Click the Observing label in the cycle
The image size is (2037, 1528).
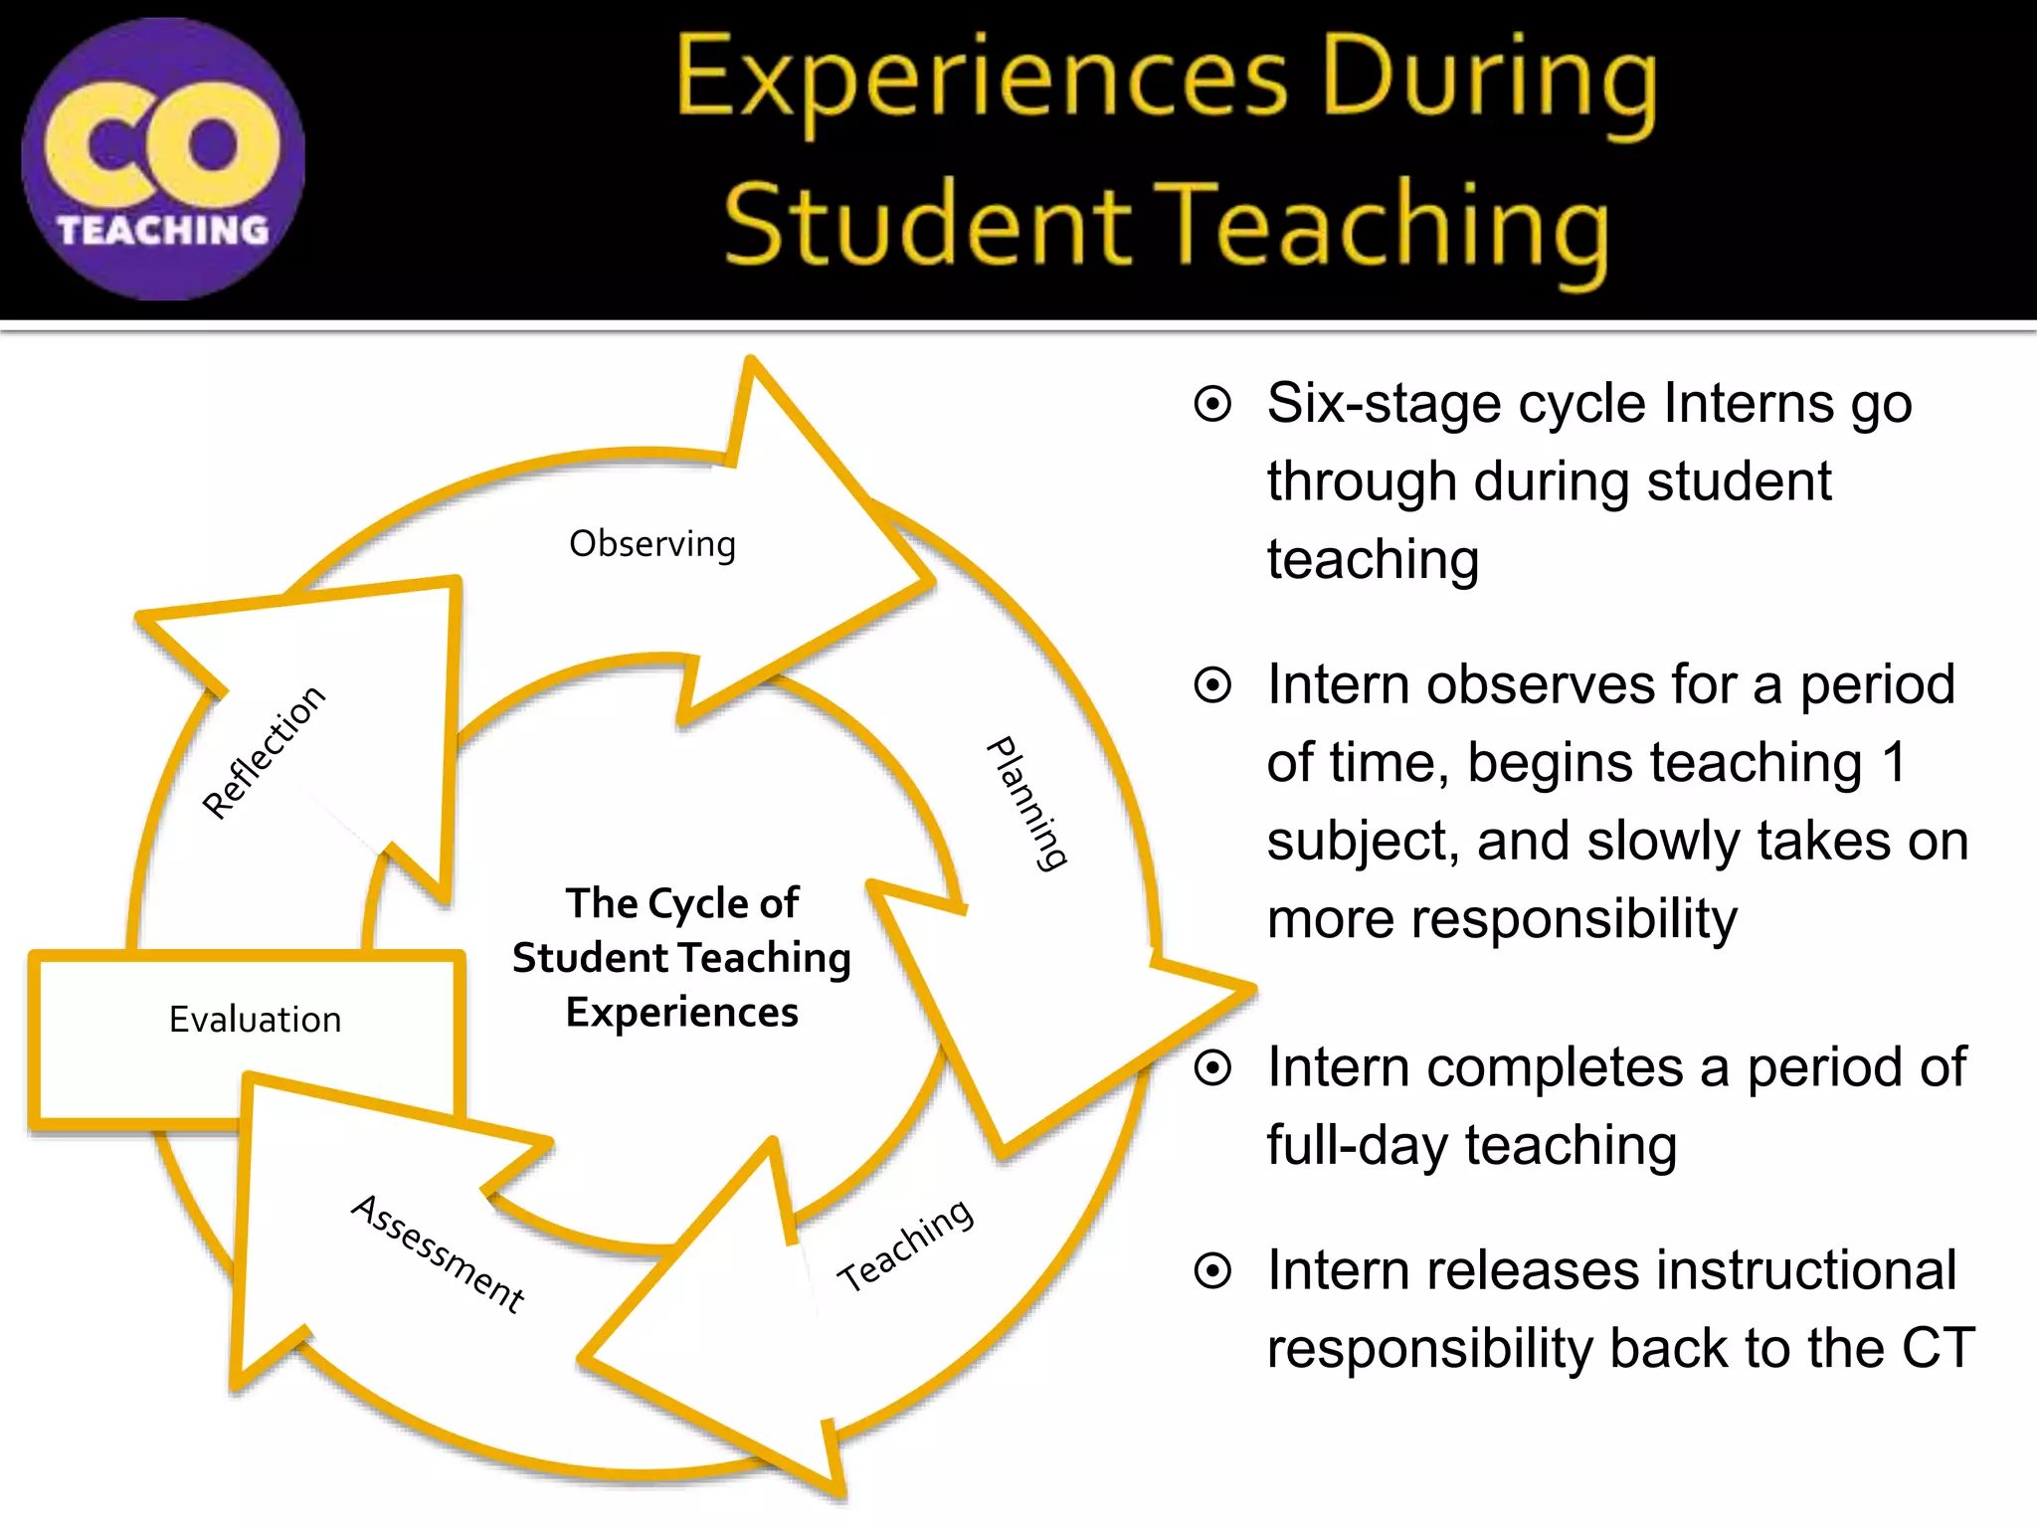[652, 544]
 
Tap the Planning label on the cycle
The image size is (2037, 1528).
[1027, 804]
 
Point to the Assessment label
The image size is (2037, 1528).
[439, 1253]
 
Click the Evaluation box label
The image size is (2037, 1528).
[255, 1020]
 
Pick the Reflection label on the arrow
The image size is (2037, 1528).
[264, 752]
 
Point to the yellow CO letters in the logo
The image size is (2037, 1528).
[162, 144]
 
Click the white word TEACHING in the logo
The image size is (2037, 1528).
[163, 231]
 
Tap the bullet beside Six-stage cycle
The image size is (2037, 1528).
[1212, 404]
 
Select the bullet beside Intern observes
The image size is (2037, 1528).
[1212, 685]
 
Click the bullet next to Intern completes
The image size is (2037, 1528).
[1212, 1067]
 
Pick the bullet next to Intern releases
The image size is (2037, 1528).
[1212, 1270]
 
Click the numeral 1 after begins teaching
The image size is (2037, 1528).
[1893, 763]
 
